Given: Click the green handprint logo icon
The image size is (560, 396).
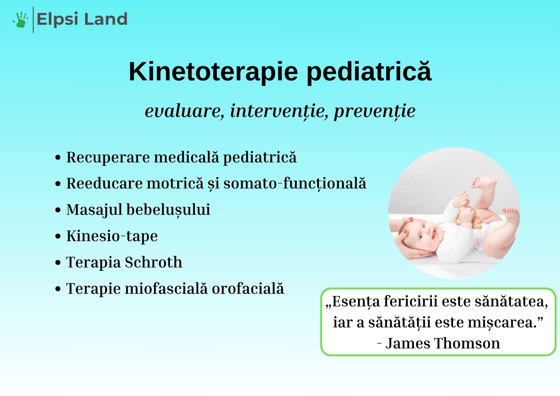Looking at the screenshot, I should point(20,20).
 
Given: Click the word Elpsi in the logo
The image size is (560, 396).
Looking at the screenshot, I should point(57,19).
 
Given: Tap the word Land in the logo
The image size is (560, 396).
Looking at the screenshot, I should point(106,19).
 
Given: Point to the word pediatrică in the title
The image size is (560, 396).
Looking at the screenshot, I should point(369,72).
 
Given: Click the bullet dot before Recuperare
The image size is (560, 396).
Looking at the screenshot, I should point(58,157).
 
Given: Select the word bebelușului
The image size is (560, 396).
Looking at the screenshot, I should point(168,210).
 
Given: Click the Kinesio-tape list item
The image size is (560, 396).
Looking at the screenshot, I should point(112,236).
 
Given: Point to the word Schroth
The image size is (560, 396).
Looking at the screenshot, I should point(153,262).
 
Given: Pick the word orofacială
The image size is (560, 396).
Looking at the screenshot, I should point(248,288).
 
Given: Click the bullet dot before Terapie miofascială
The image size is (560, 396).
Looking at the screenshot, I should point(58,289).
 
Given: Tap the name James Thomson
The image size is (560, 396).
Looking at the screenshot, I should point(443,343).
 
